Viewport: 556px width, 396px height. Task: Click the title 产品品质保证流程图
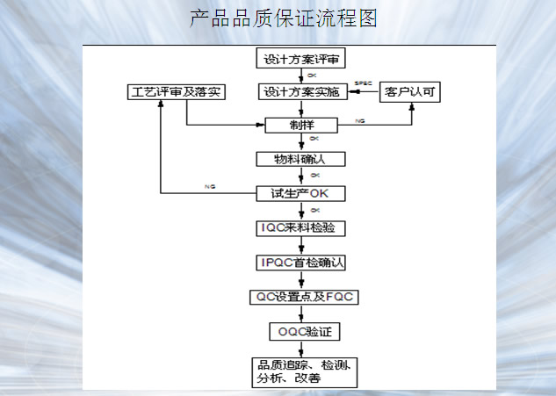point(283,18)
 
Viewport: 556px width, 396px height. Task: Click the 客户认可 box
point(408,91)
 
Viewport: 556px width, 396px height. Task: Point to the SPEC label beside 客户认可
point(363,83)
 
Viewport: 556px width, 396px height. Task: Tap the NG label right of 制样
point(360,119)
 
